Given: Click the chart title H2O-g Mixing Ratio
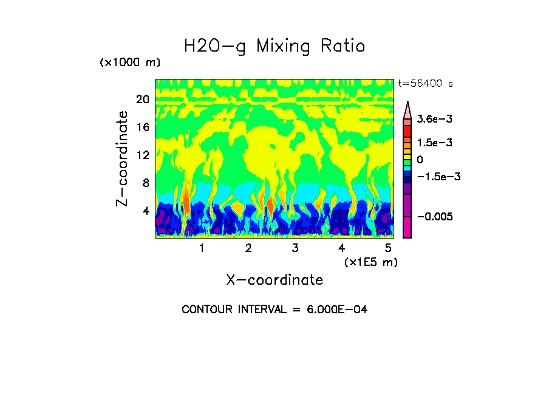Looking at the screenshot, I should point(274,46).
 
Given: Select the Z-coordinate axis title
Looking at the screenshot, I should point(123,158).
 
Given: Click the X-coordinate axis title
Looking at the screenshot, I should point(274,280).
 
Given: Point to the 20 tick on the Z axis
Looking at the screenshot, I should point(143,100).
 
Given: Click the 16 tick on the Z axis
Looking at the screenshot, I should point(143,127).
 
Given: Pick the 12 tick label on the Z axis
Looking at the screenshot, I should point(143,155).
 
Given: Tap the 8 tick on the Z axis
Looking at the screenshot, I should point(146,183).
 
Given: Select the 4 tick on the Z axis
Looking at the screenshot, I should point(146,211).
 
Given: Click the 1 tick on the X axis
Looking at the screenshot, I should point(202,248).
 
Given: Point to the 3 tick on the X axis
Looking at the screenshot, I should point(295,248).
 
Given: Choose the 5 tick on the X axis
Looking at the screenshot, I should point(387,248).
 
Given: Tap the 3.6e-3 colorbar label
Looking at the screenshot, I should point(435,120).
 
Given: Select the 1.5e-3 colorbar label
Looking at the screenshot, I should point(435,143).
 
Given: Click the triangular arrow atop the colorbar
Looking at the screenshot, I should point(407,109).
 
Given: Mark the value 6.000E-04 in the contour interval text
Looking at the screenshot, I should point(337,310).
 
